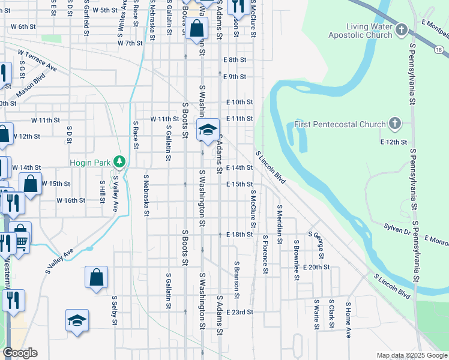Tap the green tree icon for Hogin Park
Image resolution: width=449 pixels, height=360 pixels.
tap(120, 161)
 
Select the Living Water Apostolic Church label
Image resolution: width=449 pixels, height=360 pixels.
tap(360, 31)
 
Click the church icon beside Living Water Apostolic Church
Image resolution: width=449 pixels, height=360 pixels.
tap(401, 29)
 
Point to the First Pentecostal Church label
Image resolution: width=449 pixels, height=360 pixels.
tap(340, 125)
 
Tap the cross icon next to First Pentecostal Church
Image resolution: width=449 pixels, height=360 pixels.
tap(394, 124)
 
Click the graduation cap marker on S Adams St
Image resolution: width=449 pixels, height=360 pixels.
tap(208, 130)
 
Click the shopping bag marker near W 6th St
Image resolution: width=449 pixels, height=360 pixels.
tap(196, 28)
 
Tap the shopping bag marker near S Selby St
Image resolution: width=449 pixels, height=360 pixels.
tap(96, 278)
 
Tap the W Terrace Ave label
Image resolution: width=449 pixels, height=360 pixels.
tap(37, 61)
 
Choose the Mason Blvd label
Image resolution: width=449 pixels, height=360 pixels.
tap(31, 82)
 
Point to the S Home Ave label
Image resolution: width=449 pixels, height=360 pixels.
tap(348, 320)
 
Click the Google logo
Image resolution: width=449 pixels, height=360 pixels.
tap(20, 353)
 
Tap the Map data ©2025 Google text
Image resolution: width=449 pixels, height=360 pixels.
tap(411, 355)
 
